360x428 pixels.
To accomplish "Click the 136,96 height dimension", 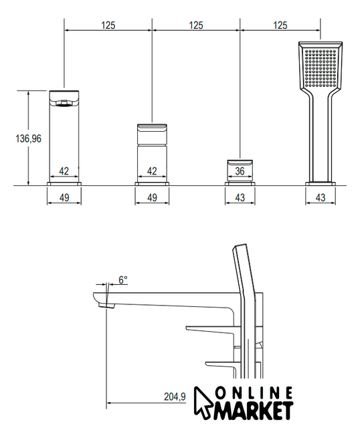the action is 29,138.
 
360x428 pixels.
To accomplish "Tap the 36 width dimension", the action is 240,171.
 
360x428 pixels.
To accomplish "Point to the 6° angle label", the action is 123,280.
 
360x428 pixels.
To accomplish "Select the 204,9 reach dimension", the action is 175,397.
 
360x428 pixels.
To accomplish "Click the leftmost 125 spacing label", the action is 108,25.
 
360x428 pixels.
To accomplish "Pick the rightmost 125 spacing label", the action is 280,25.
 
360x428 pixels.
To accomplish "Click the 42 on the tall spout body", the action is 64,171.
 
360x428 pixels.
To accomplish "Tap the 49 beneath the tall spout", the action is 64,197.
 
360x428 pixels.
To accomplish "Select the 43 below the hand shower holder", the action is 321,197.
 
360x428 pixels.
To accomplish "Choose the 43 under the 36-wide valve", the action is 240,197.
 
